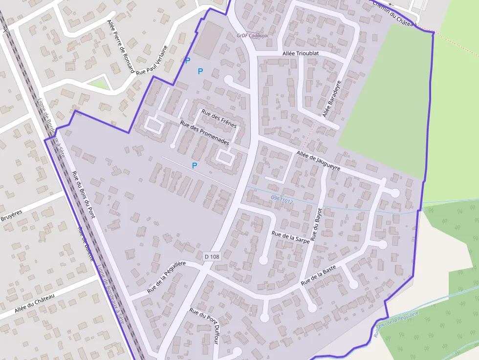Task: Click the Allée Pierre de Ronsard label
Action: (120, 46)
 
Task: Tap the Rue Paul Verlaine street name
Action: (152, 60)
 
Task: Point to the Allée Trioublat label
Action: (301, 53)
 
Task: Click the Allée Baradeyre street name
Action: (331, 100)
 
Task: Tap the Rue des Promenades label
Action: (205, 133)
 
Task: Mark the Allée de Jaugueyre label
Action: (318, 161)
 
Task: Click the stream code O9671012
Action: (282, 199)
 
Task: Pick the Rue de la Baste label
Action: (318, 275)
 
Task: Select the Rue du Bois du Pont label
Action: (83, 195)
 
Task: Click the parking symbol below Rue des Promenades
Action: (195, 166)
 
